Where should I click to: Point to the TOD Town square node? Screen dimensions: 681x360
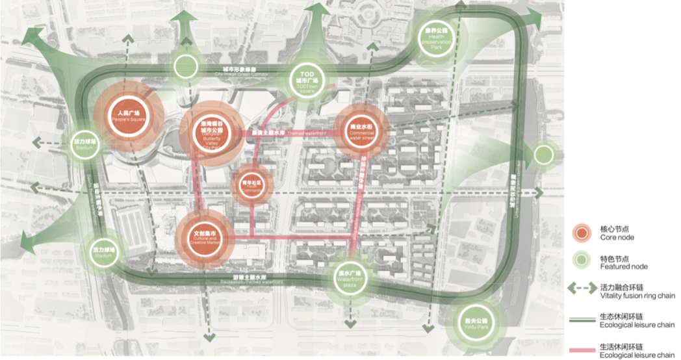[x=308, y=81]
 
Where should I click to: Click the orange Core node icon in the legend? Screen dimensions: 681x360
[x=582, y=233]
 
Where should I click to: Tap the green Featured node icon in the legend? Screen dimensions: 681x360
[x=582, y=262]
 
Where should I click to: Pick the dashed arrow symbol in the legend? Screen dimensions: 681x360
[x=582, y=289]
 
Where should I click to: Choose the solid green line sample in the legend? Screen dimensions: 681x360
[x=582, y=320]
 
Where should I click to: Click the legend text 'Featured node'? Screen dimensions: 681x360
[x=623, y=266]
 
